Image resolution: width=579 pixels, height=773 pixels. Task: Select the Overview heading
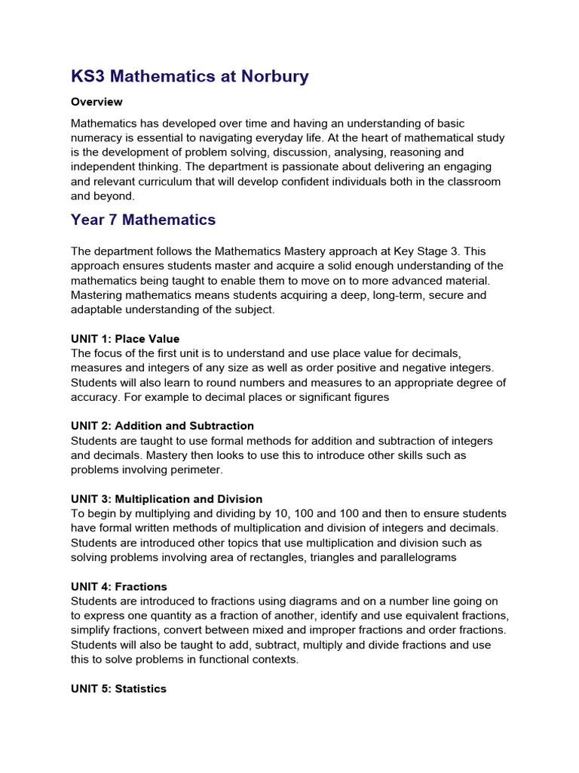[96, 101]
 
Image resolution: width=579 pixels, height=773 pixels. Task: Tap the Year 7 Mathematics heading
[143, 220]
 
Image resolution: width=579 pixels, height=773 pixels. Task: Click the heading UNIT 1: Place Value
[125, 338]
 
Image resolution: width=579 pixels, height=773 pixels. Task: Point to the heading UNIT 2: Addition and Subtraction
[162, 426]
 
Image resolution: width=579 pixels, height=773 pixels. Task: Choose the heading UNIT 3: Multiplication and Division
[167, 499]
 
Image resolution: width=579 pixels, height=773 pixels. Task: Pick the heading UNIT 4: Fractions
[119, 587]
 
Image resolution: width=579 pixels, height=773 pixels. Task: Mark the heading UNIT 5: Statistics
[118, 688]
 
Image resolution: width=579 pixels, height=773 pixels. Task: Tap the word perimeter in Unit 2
[196, 470]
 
